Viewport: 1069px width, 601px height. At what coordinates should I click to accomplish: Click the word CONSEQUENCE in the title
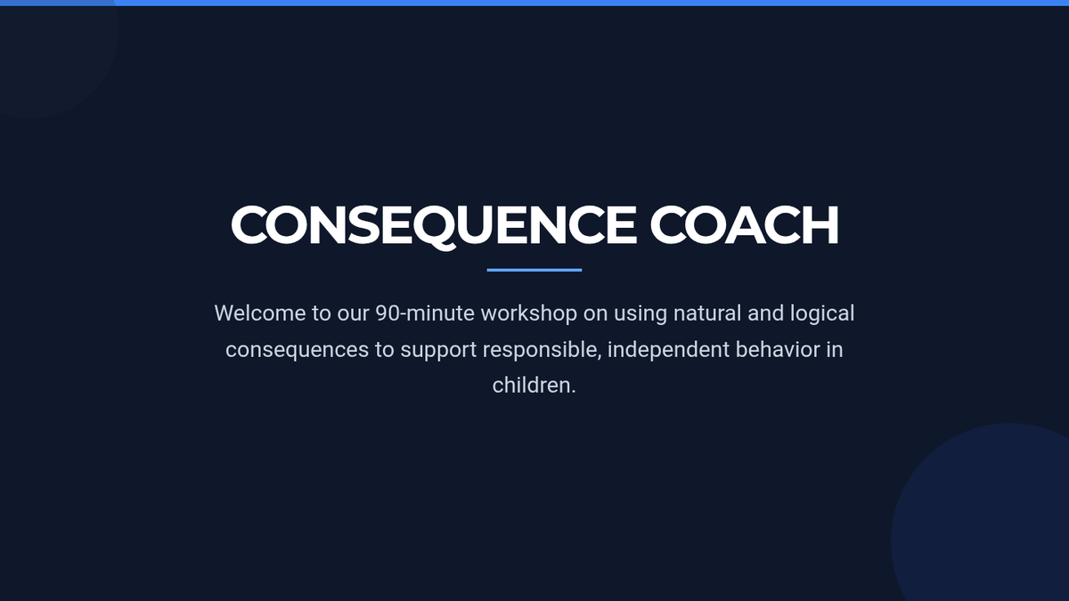coord(434,224)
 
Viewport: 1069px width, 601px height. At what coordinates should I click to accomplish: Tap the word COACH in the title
coord(745,224)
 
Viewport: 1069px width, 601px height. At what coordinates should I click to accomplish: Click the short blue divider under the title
coord(534,270)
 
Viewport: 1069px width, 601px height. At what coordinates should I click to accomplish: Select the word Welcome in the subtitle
coord(260,313)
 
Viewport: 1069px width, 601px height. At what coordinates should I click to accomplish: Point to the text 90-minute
coord(425,313)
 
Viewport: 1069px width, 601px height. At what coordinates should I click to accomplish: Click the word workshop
coord(529,313)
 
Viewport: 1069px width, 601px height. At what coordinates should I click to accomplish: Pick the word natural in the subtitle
coord(707,313)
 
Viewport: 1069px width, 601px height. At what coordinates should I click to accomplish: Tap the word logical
coord(822,314)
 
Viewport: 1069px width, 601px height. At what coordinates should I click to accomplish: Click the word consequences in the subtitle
coord(297,350)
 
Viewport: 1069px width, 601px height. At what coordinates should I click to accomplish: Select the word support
coord(438,351)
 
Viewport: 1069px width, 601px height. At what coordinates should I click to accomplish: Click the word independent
coord(669,350)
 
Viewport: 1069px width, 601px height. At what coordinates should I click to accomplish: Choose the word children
coord(534,386)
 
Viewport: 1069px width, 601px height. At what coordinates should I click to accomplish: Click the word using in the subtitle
coord(641,314)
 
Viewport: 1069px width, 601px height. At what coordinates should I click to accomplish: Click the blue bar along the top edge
coord(534,3)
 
